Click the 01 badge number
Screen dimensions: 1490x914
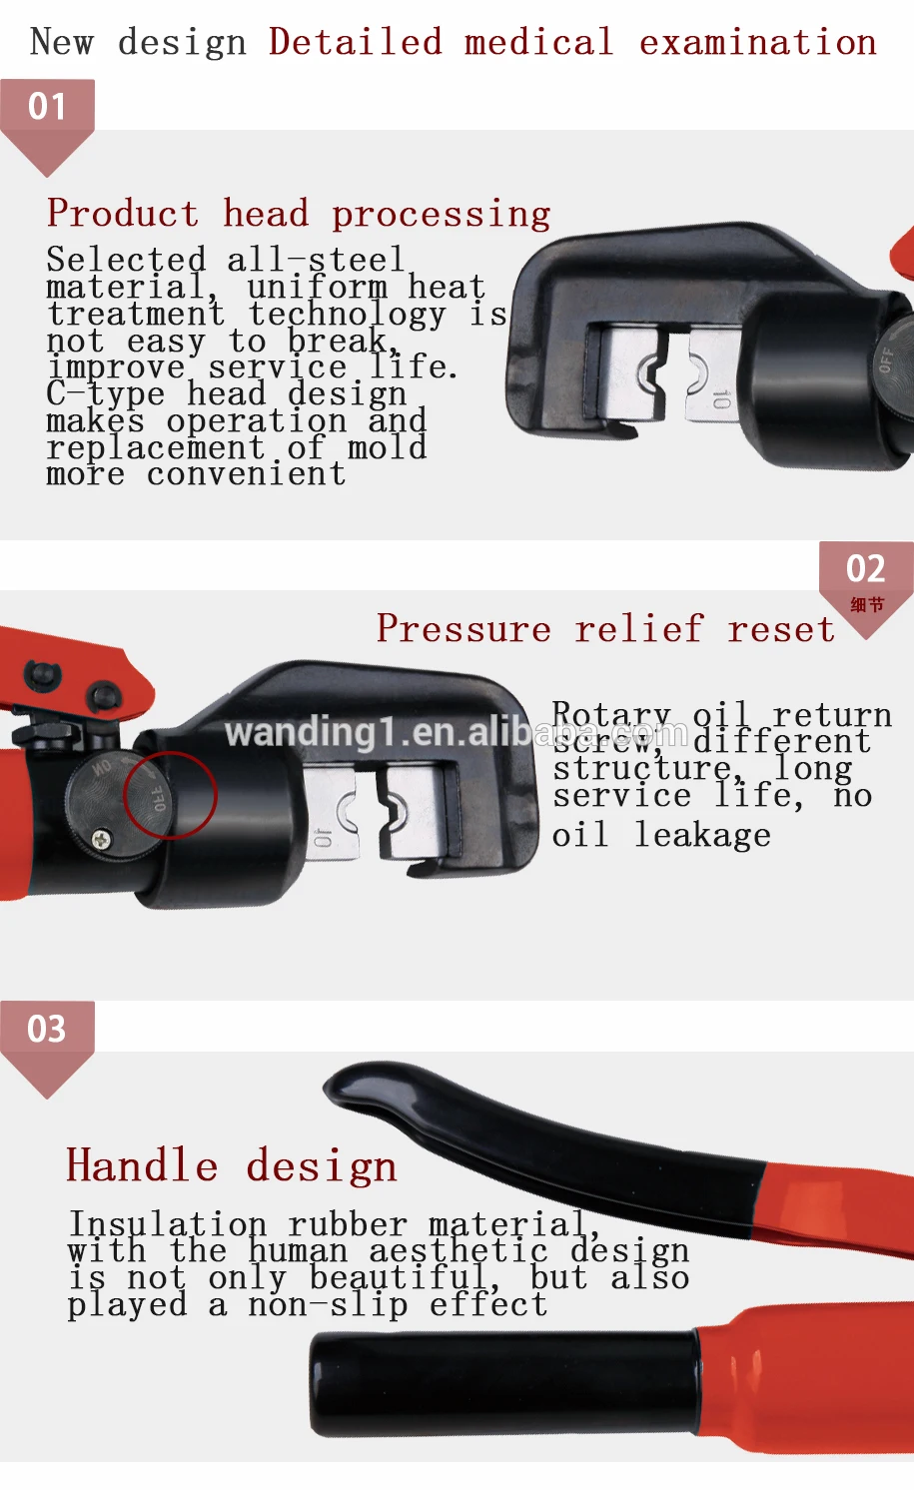pyautogui.click(x=47, y=107)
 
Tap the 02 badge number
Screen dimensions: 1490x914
pyautogui.click(x=865, y=569)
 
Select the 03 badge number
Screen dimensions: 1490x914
pyautogui.click(x=47, y=1029)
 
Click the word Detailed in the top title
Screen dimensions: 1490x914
pyautogui.click(x=355, y=42)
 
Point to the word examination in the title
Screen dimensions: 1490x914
pyautogui.click(x=757, y=42)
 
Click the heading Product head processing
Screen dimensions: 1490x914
pyautogui.click(x=298, y=214)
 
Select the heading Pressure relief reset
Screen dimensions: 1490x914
pyautogui.click(x=605, y=629)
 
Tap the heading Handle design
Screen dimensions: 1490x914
pyautogui.click(x=231, y=1166)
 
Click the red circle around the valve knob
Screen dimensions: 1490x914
pyautogui.click(x=170, y=795)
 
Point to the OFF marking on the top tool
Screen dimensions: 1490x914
pyautogui.click(x=885, y=360)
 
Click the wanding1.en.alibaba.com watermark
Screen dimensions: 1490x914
pyautogui.click(x=456, y=733)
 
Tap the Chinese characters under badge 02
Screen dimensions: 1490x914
pyautogui.click(x=866, y=604)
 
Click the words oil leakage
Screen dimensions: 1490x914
pyautogui.click(x=660, y=835)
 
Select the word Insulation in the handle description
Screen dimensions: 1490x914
pyautogui.click(x=167, y=1223)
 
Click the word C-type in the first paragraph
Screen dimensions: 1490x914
pyautogui.click(x=105, y=393)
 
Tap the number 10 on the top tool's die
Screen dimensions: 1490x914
pyautogui.click(x=721, y=400)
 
